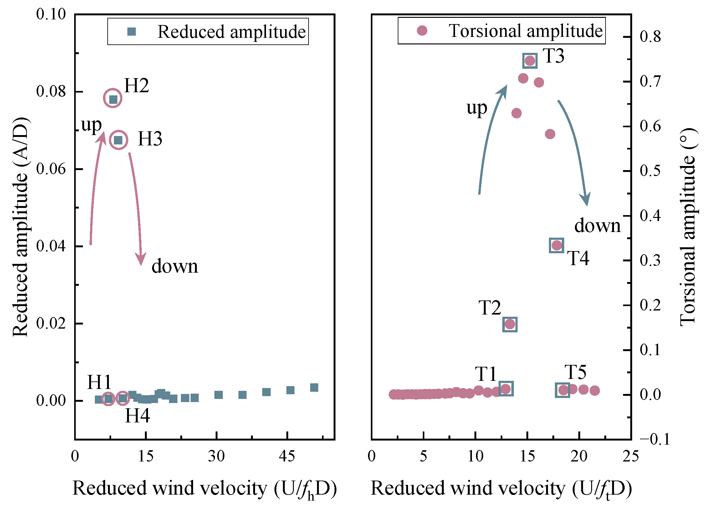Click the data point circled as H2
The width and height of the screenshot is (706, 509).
[113, 99]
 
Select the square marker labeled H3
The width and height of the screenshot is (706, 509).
[118, 140]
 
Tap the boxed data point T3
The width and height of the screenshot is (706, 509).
[530, 61]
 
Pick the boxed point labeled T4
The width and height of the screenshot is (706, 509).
[557, 245]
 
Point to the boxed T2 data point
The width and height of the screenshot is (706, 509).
[510, 324]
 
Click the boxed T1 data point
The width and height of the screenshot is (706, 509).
[506, 389]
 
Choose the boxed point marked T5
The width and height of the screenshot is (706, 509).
[563, 390]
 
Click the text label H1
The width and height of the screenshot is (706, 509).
[99, 382]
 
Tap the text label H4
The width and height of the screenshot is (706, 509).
[137, 416]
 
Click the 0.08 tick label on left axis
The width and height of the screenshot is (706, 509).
[51, 91]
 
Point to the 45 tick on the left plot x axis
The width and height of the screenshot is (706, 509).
[287, 456]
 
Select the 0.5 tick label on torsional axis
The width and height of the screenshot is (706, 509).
[650, 171]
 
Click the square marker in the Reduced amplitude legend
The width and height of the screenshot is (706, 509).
[132, 32]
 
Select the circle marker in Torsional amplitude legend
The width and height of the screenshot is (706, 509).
[422, 31]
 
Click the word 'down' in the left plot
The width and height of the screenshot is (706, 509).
[175, 266]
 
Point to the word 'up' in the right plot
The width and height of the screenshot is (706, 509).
[477, 108]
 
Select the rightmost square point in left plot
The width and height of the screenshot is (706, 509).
[314, 388]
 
